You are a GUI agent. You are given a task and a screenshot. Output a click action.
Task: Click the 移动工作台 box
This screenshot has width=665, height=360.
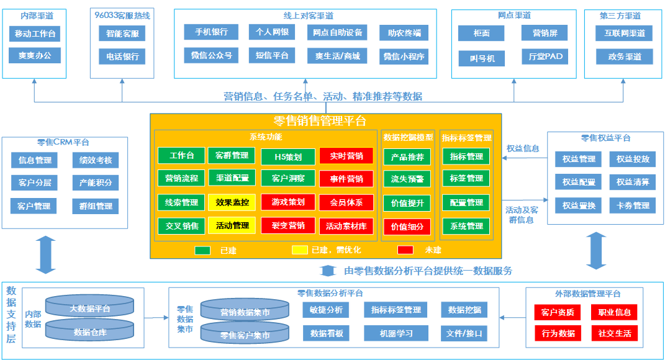click(35, 34)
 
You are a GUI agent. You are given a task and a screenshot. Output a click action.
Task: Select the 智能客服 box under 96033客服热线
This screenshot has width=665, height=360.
click(122, 34)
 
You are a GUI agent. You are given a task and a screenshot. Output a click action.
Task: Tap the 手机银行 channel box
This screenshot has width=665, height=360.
click(211, 32)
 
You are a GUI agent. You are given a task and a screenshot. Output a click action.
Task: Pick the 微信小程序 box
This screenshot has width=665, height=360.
click(404, 56)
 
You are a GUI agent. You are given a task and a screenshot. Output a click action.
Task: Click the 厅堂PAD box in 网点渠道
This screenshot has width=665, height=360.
click(545, 56)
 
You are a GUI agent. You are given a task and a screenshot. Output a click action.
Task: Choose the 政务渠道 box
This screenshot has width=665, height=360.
click(624, 56)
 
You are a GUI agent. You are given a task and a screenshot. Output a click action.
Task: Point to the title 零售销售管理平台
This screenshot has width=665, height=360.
click(320, 121)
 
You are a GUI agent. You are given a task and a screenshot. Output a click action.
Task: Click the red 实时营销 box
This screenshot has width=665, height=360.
click(346, 156)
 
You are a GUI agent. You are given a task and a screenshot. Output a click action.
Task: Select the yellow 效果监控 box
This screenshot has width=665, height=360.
click(232, 202)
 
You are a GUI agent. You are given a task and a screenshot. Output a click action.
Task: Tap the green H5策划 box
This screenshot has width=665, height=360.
click(288, 156)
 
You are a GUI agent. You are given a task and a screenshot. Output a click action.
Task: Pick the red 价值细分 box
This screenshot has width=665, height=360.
click(407, 227)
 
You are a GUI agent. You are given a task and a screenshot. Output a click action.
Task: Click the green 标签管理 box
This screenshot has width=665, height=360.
click(466, 178)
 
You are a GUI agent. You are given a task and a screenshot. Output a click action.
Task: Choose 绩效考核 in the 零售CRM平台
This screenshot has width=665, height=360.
click(96, 160)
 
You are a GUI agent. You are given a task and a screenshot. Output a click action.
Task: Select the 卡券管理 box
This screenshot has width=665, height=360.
click(633, 205)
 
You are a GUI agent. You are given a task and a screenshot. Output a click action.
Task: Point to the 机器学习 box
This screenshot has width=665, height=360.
click(396, 333)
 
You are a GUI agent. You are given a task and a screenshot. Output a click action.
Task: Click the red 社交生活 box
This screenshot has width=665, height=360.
click(615, 333)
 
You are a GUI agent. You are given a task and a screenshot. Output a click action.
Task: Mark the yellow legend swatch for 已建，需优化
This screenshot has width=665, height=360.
click(300, 250)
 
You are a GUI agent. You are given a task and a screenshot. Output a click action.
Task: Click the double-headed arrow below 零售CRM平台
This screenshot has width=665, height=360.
click(45, 254)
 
